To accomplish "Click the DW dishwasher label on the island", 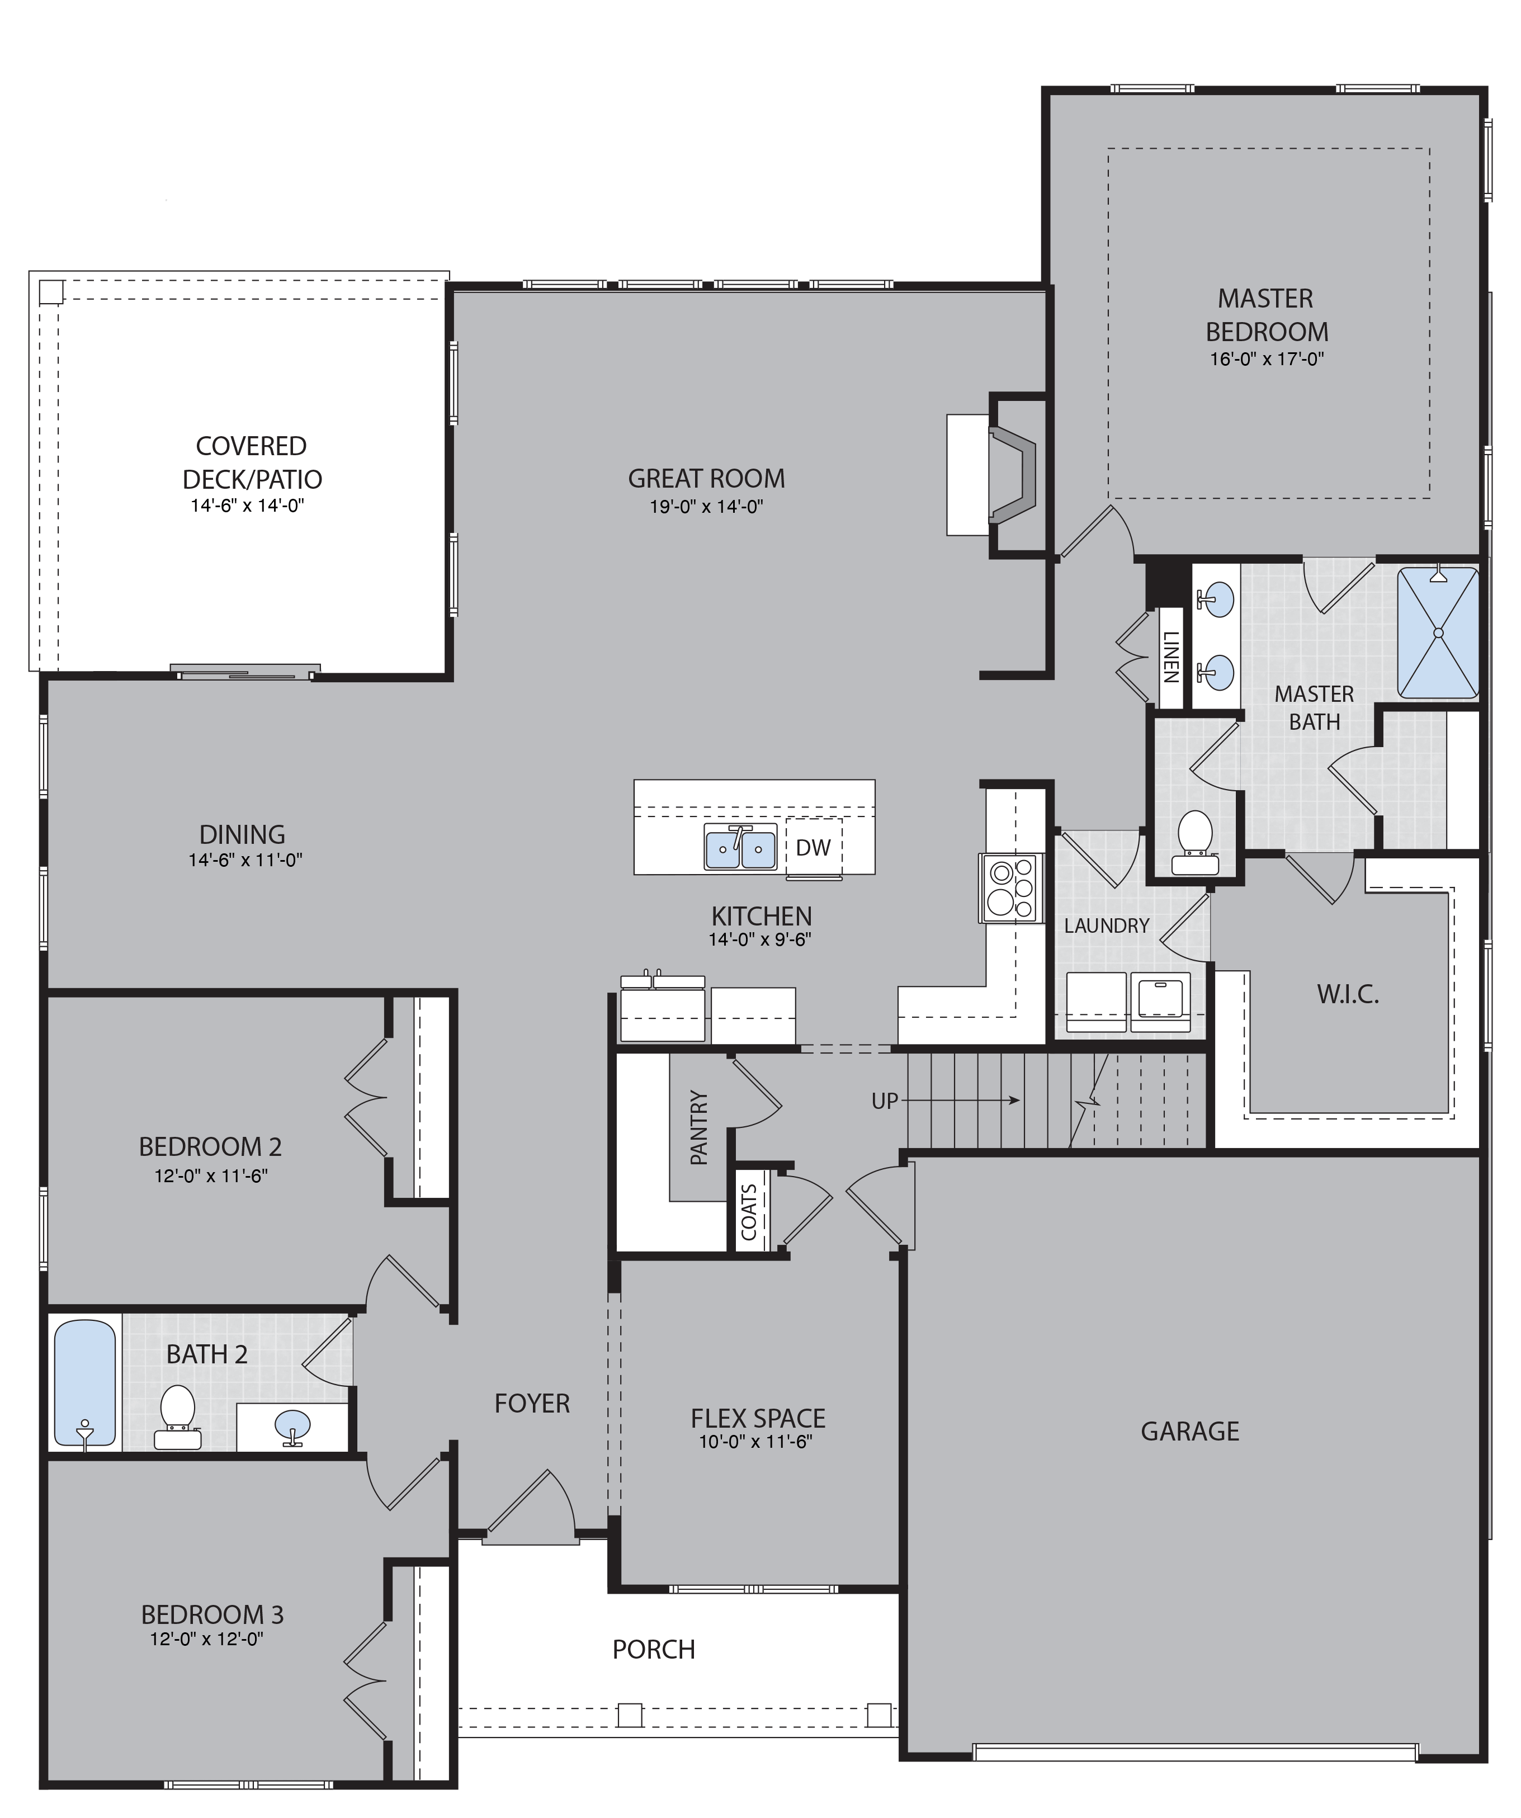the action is coord(813,848).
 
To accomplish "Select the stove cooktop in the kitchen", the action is coord(1009,888).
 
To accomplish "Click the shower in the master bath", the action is coord(1438,632).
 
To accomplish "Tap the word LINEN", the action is coord(1170,657).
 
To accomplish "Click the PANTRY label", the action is coord(698,1128).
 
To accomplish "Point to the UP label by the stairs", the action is coord(885,1101).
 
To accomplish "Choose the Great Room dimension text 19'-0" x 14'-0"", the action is coord(706,507).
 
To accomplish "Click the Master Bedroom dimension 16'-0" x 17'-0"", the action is coord(1267,358).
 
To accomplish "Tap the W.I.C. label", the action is coord(1348,995).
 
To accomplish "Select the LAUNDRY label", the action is coord(1106,925).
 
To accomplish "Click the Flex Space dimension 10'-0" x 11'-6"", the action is coord(755,1442).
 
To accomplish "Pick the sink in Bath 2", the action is coord(292,1425).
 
